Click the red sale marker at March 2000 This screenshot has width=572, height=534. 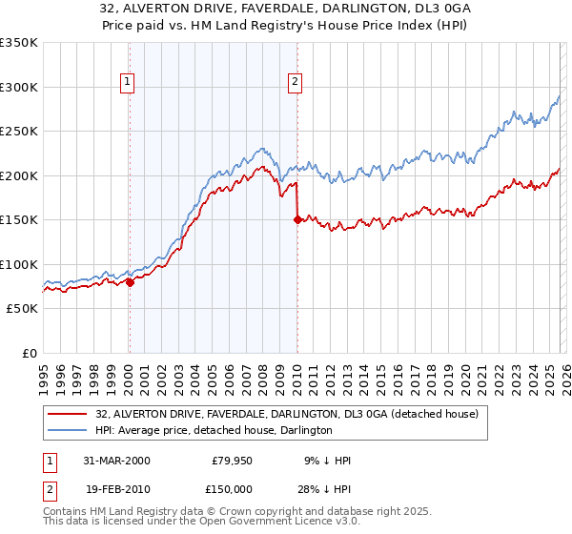pos(130,281)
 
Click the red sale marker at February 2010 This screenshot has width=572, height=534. pos(296,219)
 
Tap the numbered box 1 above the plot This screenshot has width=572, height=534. pos(128,83)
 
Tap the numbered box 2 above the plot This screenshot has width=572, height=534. pos(296,83)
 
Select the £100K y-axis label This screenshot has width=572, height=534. pos(19,264)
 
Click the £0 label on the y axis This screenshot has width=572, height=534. pos(29,353)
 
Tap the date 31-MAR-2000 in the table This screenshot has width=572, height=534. pos(116,461)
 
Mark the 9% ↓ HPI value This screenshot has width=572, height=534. pos(327,461)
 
